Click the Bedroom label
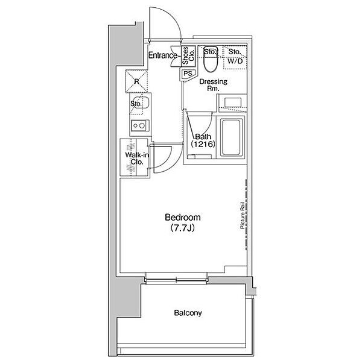[x=183, y=218]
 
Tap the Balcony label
[x=188, y=313]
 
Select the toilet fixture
[x=210, y=59]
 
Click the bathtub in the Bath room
[x=232, y=137]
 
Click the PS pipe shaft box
[x=188, y=74]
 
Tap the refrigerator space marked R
[x=136, y=81]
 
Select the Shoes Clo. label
[x=188, y=55]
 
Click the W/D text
[x=235, y=61]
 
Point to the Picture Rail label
[x=242, y=215]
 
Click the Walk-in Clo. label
[x=137, y=159]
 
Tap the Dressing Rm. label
[x=213, y=84]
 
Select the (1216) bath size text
[x=203, y=144]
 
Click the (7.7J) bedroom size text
[x=182, y=228]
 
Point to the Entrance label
[x=162, y=55]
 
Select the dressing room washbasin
[x=233, y=102]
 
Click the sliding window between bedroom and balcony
[x=176, y=280]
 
